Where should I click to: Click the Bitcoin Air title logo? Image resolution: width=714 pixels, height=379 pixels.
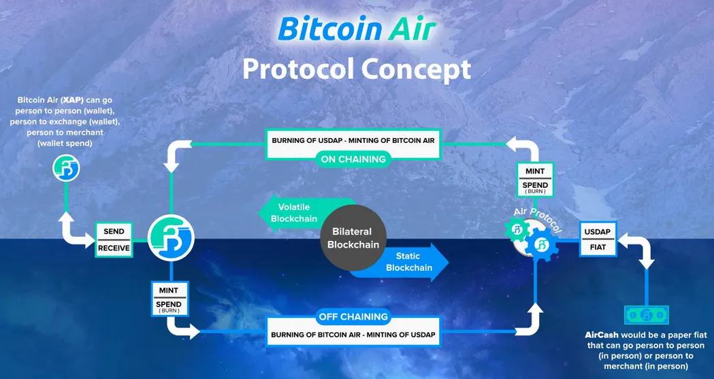point(357,29)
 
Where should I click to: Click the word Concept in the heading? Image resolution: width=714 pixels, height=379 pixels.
point(416,69)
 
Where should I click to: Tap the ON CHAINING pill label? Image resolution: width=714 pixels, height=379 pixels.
point(353,159)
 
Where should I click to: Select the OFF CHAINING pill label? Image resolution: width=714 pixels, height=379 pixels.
point(353,316)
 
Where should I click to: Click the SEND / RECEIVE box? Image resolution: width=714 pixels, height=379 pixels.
point(114,240)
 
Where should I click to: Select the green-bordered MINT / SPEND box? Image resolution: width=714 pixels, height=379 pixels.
point(535,180)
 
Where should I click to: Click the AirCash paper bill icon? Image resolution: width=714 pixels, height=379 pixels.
point(647,315)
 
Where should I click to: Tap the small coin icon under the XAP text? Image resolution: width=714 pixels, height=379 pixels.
point(67,168)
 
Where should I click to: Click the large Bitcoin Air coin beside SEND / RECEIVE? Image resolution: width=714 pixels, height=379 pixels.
point(171,238)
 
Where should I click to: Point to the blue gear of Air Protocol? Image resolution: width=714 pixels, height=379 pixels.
point(542,244)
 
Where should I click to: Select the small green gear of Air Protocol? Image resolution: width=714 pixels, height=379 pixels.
point(517,229)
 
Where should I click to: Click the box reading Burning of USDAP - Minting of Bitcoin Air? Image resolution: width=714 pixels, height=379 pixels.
point(353,141)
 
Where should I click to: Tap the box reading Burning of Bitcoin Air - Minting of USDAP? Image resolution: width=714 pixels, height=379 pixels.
point(353,335)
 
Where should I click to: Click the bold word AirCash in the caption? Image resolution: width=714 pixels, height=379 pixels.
point(602,335)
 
